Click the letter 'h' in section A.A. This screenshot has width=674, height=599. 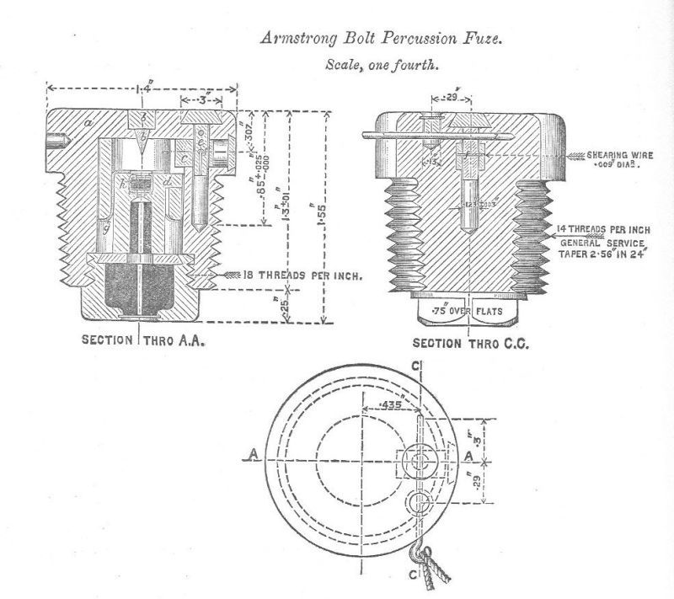(x=124, y=181)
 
